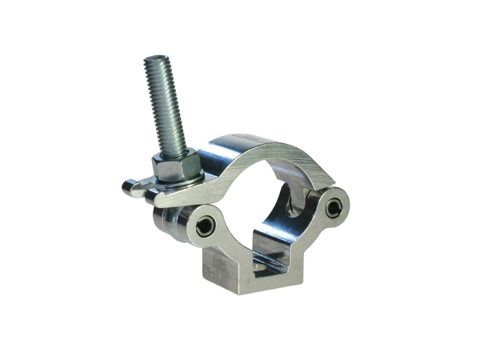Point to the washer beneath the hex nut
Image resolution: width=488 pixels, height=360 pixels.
(181, 183)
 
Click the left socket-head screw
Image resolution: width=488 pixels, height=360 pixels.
(205, 226)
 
